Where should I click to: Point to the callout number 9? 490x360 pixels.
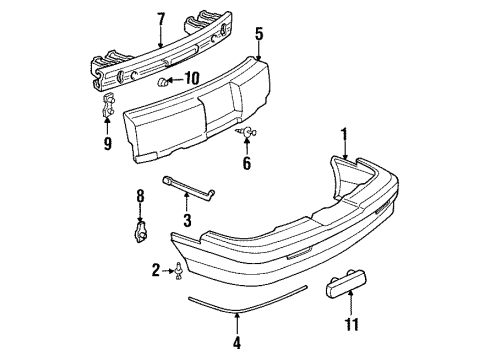tap(107, 142)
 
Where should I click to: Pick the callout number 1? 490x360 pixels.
tap(345, 133)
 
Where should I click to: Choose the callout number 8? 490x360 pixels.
tap(140, 196)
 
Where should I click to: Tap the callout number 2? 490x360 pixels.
tap(156, 269)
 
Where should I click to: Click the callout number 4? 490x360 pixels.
tap(237, 342)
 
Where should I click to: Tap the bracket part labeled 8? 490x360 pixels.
tap(140, 233)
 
